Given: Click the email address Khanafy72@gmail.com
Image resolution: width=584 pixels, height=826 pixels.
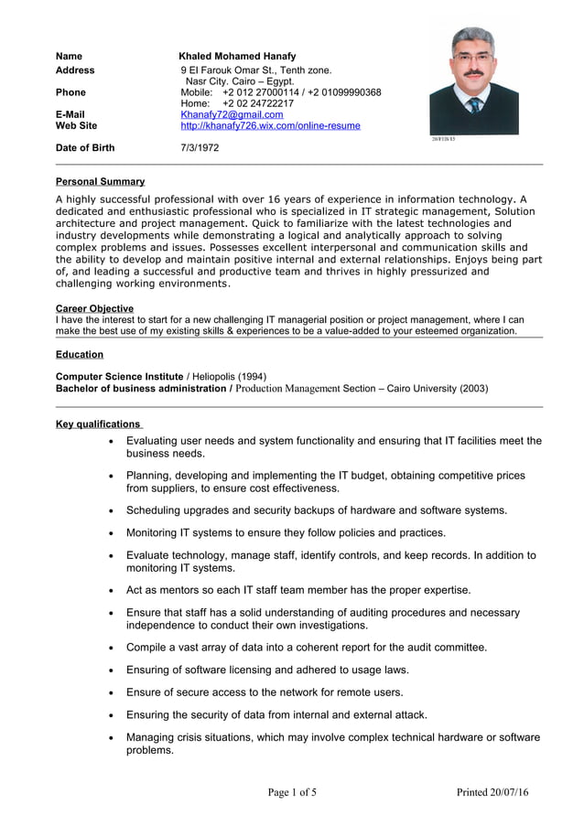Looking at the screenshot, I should pos(232,114).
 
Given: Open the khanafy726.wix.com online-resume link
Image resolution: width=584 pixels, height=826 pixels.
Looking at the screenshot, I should pos(270,126).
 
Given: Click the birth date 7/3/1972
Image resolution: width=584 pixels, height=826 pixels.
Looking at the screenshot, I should pos(200,147).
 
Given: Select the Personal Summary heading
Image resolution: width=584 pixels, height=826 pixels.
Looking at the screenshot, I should pos(100,182).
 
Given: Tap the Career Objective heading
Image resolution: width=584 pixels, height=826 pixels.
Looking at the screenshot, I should pos(94,309).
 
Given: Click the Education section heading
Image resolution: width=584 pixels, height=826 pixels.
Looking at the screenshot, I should pos(80,355).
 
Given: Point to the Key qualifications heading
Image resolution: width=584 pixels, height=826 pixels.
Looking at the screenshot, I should pos(98,424).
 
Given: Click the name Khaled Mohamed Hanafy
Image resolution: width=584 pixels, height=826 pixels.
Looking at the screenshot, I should pos(237,57).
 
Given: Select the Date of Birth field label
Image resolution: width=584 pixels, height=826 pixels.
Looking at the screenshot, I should pos(85,147).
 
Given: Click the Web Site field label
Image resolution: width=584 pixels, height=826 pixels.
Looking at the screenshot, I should pos(76,126).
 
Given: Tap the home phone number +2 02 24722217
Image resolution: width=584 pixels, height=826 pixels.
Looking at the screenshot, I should pos(258,103).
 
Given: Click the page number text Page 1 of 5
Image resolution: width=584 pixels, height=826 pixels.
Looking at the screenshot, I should pos(292,792).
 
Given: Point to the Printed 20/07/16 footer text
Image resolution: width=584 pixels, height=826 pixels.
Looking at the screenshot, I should pos(492,792).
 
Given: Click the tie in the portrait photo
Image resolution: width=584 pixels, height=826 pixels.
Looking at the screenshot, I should pos(474,105).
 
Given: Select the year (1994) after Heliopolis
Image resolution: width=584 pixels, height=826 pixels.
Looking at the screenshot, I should pos(252,377).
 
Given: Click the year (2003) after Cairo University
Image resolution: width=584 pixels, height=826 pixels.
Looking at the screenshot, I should pos(473,389).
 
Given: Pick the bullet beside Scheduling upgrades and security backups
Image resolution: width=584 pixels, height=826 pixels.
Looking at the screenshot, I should pos(111,511).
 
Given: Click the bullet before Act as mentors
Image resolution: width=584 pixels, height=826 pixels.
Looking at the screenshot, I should pos(111,591).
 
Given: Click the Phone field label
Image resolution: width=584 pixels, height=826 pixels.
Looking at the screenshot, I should pos(70,92).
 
